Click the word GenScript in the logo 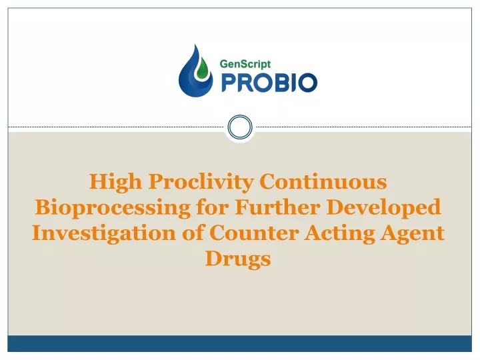coord(245,64)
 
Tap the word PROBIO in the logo coord(269,83)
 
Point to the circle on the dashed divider coord(240,127)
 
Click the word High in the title coord(115,182)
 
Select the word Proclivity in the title coord(201,182)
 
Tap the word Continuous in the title coord(323,181)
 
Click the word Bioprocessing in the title coord(113,208)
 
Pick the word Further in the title coord(277,207)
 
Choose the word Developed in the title coord(384,208)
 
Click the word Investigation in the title coord(104,233)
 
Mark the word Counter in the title coord(254,233)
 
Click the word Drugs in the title coord(238,259)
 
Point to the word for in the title coord(213,207)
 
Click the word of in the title coord(193,233)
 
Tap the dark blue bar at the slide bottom coord(240,343)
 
